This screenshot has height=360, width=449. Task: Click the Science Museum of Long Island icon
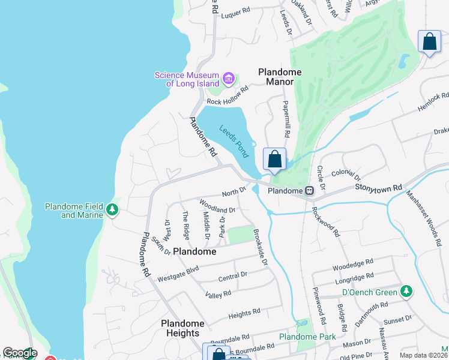click(x=228, y=79)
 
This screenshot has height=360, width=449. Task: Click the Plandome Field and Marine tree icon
click(x=112, y=210)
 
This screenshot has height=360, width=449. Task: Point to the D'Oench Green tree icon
click(x=407, y=292)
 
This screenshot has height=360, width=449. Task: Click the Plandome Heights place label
click(x=182, y=328)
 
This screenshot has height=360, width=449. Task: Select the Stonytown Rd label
click(x=378, y=188)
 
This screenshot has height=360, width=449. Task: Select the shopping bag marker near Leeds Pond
click(x=274, y=160)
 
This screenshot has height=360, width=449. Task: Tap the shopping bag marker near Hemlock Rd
click(x=429, y=43)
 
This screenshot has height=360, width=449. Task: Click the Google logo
click(x=20, y=353)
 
